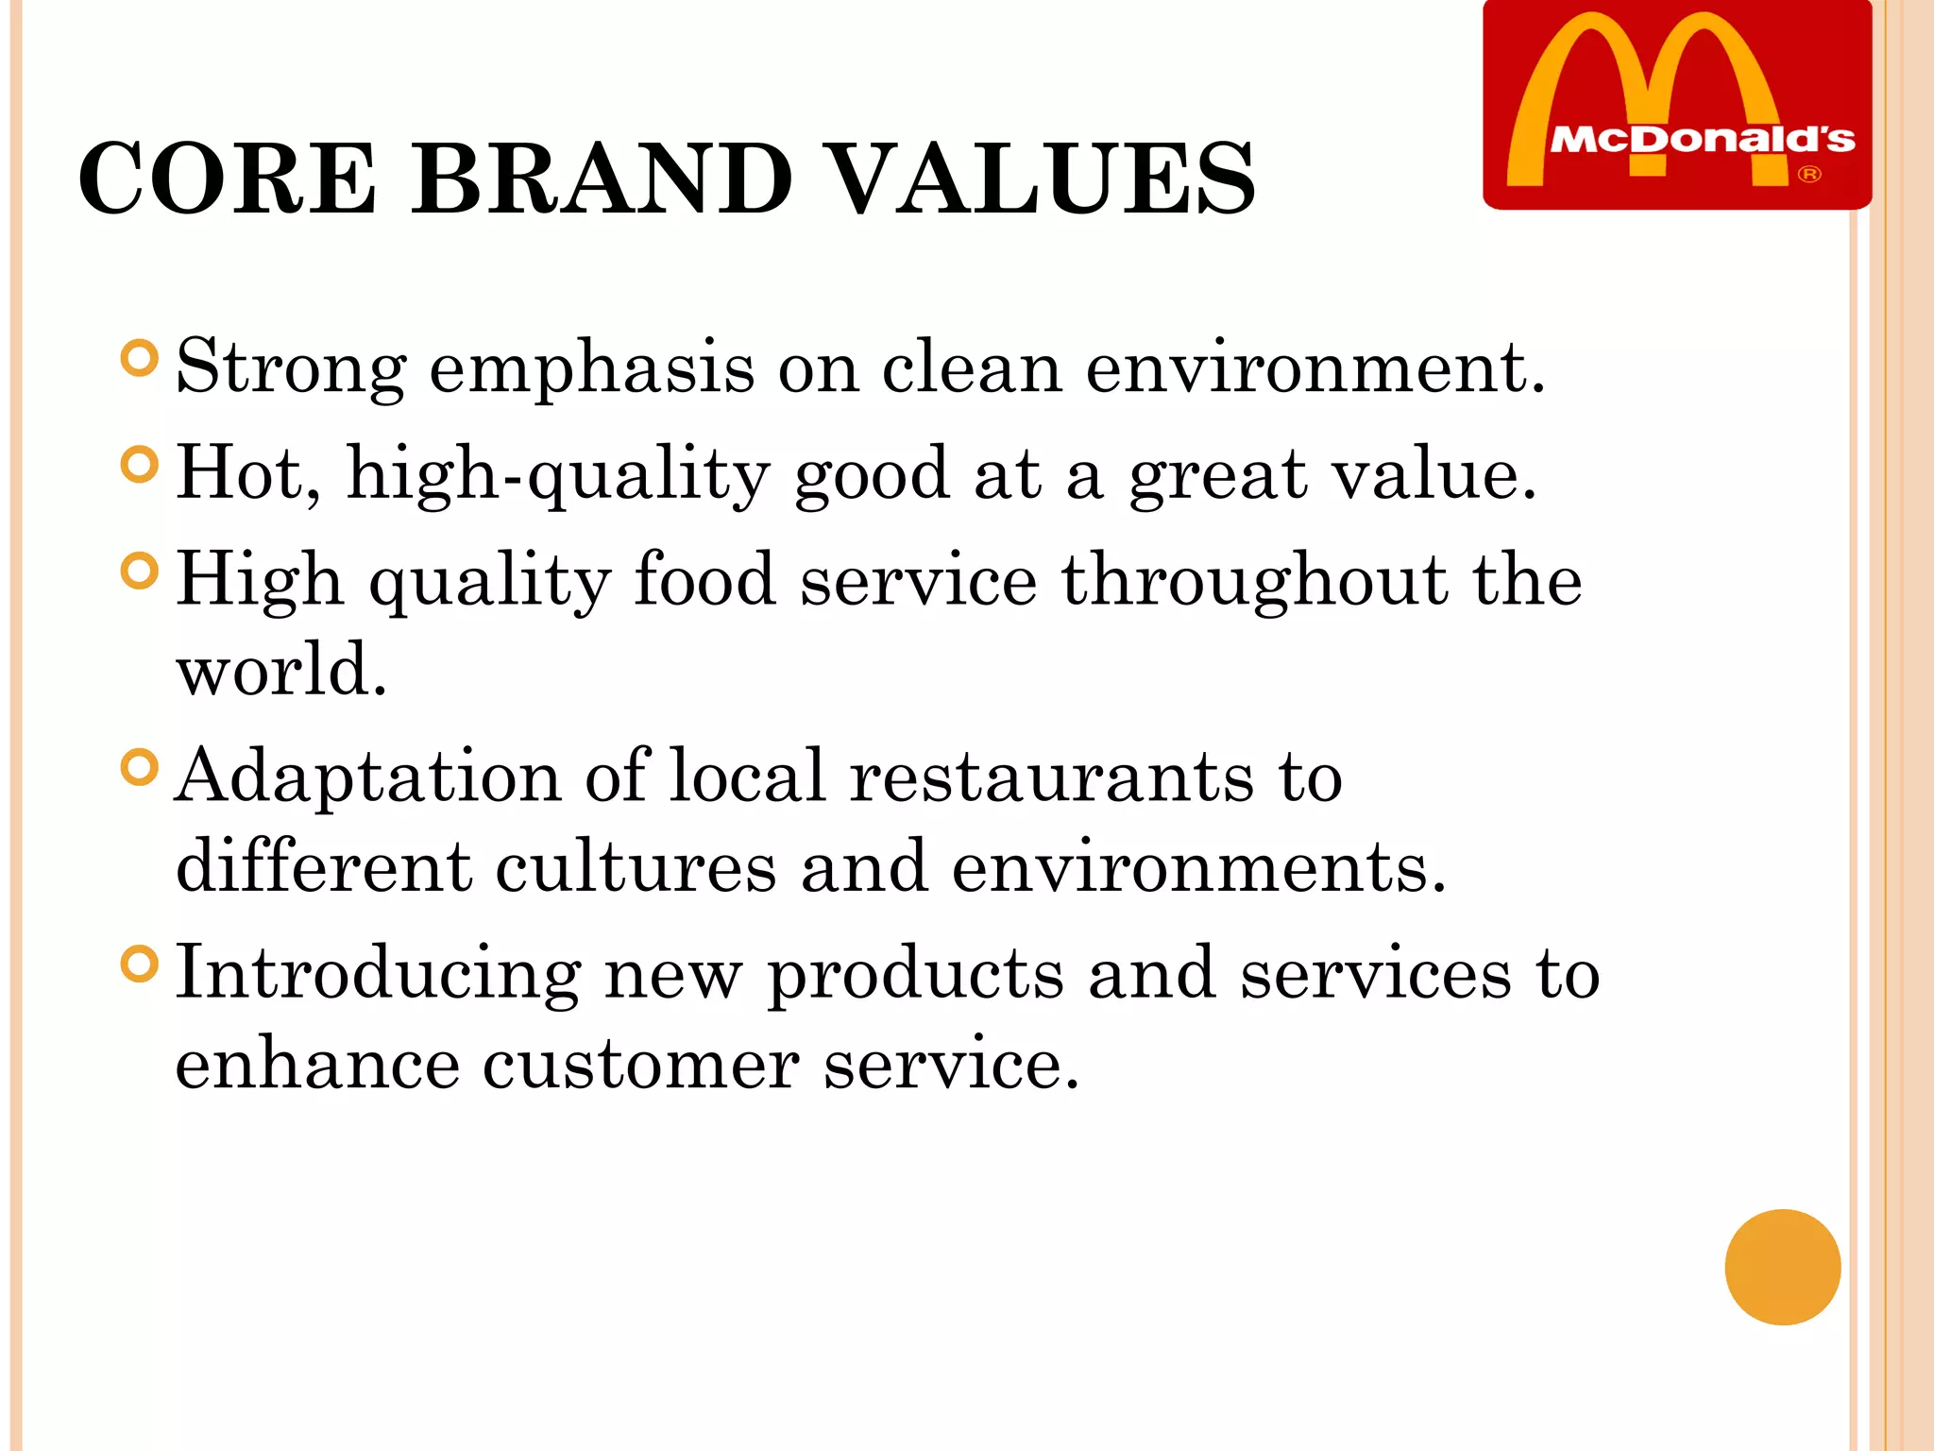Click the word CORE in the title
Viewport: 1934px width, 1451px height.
pos(228,179)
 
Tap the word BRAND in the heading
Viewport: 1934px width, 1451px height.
pos(602,179)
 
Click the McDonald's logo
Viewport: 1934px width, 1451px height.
pos(1677,104)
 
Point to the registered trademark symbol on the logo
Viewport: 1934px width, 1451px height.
pos(1808,175)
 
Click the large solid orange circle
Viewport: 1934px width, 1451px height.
pos(1782,1267)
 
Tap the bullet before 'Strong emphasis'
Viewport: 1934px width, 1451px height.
pos(140,359)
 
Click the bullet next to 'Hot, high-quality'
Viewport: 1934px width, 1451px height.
pos(140,465)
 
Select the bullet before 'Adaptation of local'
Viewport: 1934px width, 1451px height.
pos(140,767)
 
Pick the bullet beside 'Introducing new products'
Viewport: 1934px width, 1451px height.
pos(140,964)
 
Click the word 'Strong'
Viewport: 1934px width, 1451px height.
pos(291,368)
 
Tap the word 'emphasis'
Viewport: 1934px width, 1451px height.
pos(592,368)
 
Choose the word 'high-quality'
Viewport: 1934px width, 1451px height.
pos(558,475)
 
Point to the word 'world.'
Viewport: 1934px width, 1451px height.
pos(281,671)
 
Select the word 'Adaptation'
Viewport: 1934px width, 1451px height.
pos(368,777)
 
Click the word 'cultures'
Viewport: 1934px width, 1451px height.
pos(636,867)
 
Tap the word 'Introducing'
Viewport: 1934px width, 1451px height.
pos(379,974)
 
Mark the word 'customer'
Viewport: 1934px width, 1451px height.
pos(641,1065)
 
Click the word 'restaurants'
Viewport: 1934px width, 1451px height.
pos(1052,777)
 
